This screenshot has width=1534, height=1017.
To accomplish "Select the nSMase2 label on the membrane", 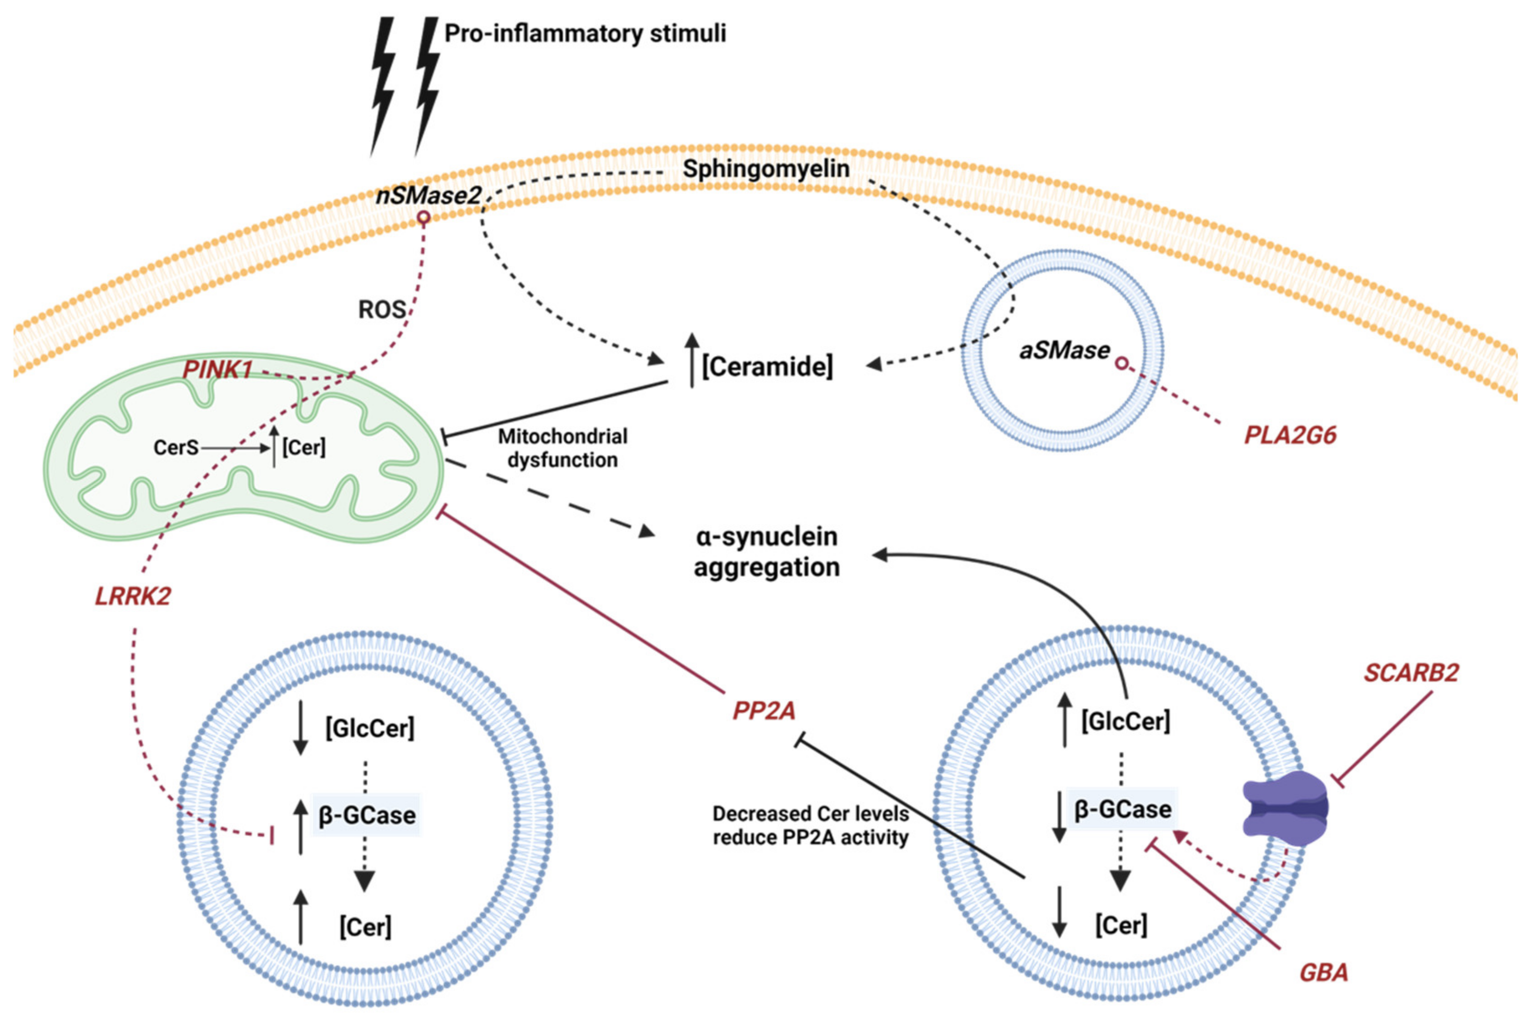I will coord(429,195).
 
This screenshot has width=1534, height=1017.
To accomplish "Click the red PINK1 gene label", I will coord(217,370).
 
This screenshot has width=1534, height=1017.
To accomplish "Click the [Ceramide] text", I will coord(767,367).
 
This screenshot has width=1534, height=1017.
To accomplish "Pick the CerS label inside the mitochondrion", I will coord(176,448).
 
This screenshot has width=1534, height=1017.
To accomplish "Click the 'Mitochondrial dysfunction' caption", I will coord(562,448).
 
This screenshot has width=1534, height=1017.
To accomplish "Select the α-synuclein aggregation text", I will coord(767,552).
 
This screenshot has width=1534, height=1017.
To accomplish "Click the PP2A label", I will coord(763,711).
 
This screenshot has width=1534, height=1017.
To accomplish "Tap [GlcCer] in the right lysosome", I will coord(1125,721).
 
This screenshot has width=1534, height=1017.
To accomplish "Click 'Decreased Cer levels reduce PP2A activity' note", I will coord(810,826).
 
